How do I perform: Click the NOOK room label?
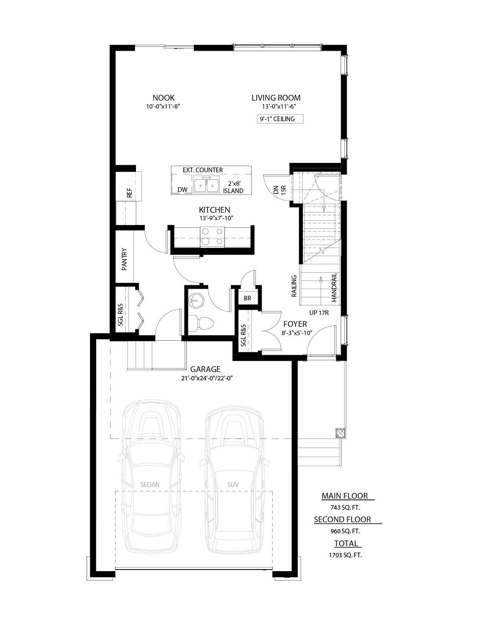click(x=163, y=98)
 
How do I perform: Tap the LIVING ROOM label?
click(x=276, y=98)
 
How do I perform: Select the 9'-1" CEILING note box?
click(x=280, y=119)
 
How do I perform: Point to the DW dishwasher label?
click(x=182, y=190)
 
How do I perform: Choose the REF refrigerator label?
click(x=130, y=193)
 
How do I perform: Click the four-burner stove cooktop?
click(x=212, y=237)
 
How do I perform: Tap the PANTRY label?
click(x=124, y=259)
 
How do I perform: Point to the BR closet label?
click(x=248, y=299)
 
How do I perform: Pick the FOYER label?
click(x=295, y=324)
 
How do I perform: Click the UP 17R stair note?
click(x=319, y=313)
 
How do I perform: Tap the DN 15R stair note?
click(x=280, y=190)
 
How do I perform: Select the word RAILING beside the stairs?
click(x=294, y=286)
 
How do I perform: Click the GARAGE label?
click(x=206, y=369)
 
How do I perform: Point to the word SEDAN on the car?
click(x=150, y=485)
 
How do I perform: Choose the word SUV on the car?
click(x=233, y=485)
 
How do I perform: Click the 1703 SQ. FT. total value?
click(x=345, y=555)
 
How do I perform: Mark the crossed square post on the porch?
click(x=340, y=433)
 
